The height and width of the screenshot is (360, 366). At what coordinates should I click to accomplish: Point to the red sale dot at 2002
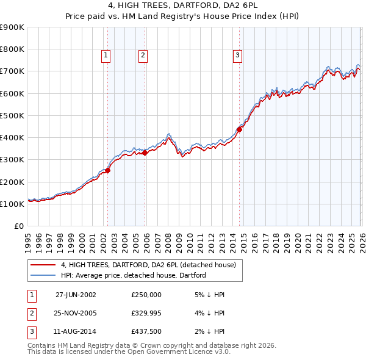(x=108, y=171)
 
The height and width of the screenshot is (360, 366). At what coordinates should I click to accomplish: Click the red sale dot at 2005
(x=145, y=153)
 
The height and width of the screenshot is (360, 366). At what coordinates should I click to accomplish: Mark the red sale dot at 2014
(x=239, y=129)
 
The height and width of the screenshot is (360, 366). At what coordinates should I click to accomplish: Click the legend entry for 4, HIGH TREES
(x=152, y=265)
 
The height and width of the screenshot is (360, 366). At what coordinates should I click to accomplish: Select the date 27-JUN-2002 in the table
(x=76, y=294)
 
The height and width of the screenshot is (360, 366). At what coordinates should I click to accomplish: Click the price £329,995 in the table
(x=146, y=314)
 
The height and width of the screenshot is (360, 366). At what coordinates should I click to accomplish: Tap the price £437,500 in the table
(x=146, y=333)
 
